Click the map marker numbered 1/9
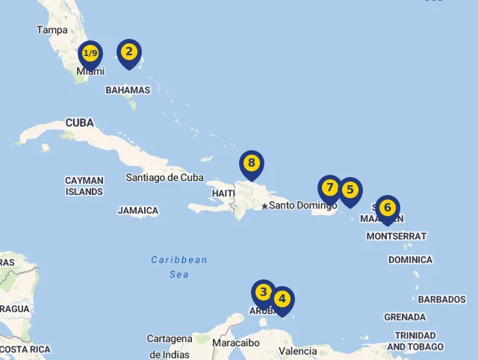pyautogui.click(x=90, y=54)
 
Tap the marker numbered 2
pyautogui.click(x=129, y=52)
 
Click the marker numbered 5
pyautogui.click(x=350, y=190)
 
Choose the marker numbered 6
pyautogui.click(x=387, y=208)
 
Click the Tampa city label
pyautogui.click(x=52, y=31)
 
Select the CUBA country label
pyautogui.click(x=79, y=122)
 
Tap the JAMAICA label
pyautogui.click(x=138, y=211)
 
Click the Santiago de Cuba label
pyautogui.click(x=164, y=178)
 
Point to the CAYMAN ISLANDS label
pyautogui.click(x=84, y=186)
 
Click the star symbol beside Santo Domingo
pyautogui.click(x=264, y=206)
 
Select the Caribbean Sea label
pyautogui.click(x=179, y=267)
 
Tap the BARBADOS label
pyautogui.click(x=441, y=300)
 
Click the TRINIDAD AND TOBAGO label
pyautogui.click(x=415, y=341)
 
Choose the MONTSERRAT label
pyautogui.click(x=397, y=236)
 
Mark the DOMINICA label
pyautogui.click(x=410, y=260)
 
